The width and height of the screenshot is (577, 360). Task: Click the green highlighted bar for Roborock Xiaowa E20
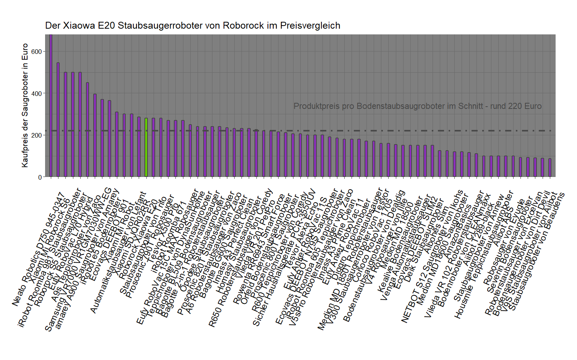click(x=146, y=148)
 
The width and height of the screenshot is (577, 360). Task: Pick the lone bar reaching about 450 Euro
click(x=88, y=130)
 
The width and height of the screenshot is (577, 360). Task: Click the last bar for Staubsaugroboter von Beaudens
click(x=550, y=168)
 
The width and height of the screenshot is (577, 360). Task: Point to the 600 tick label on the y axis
click(x=37, y=52)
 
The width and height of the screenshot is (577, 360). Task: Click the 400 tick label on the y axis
click(x=37, y=94)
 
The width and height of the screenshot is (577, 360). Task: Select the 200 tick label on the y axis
click(x=37, y=135)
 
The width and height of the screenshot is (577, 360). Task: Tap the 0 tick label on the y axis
click(x=40, y=177)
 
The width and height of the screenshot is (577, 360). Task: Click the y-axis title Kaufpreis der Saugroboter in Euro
click(x=25, y=105)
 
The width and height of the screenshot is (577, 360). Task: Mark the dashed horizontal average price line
click(x=382, y=131)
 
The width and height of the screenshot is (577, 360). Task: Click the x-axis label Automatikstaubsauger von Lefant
click(x=118, y=252)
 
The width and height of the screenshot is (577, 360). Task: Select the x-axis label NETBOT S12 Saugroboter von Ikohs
click(x=432, y=256)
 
